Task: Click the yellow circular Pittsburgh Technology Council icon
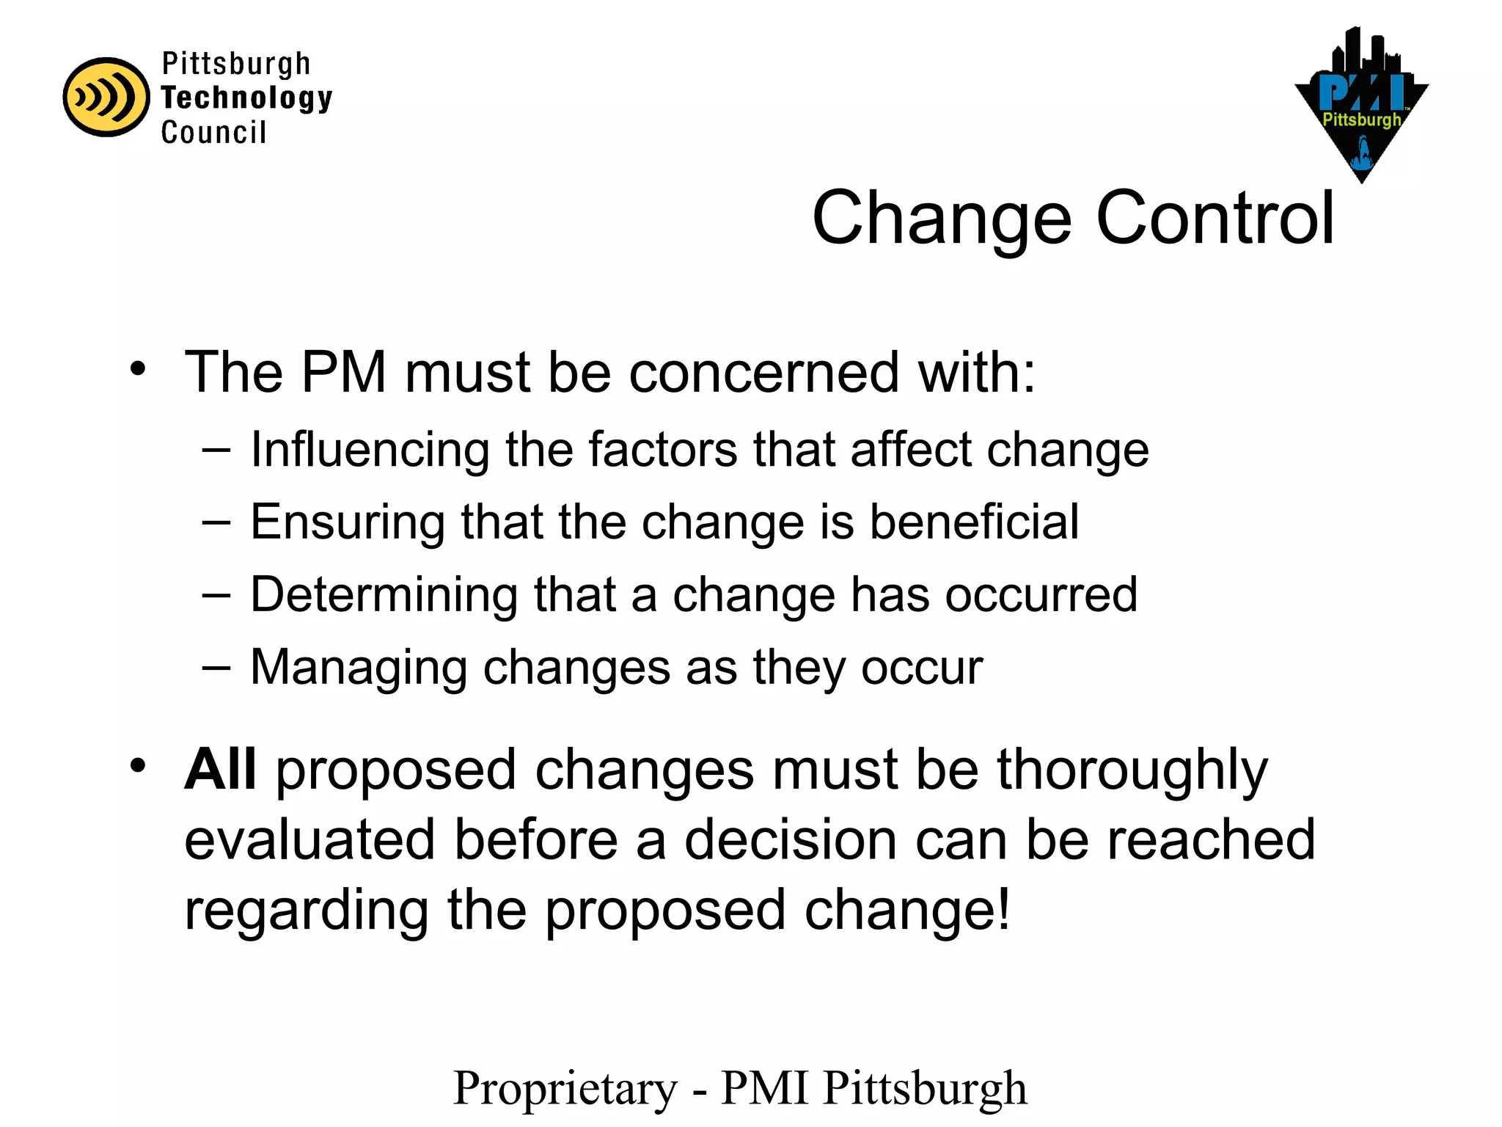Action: pos(106,97)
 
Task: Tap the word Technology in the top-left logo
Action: pos(246,98)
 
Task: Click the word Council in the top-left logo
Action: pos(213,133)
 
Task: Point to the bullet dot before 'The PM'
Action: pos(138,369)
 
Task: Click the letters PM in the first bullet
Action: pos(344,373)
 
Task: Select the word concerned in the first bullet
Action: pos(763,373)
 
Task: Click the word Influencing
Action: pos(370,450)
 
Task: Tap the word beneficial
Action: pos(974,522)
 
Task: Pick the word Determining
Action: pos(384,595)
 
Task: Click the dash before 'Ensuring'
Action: pos(216,522)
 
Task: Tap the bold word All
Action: pos(220,770)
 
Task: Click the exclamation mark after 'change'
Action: pos(1003,908)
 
